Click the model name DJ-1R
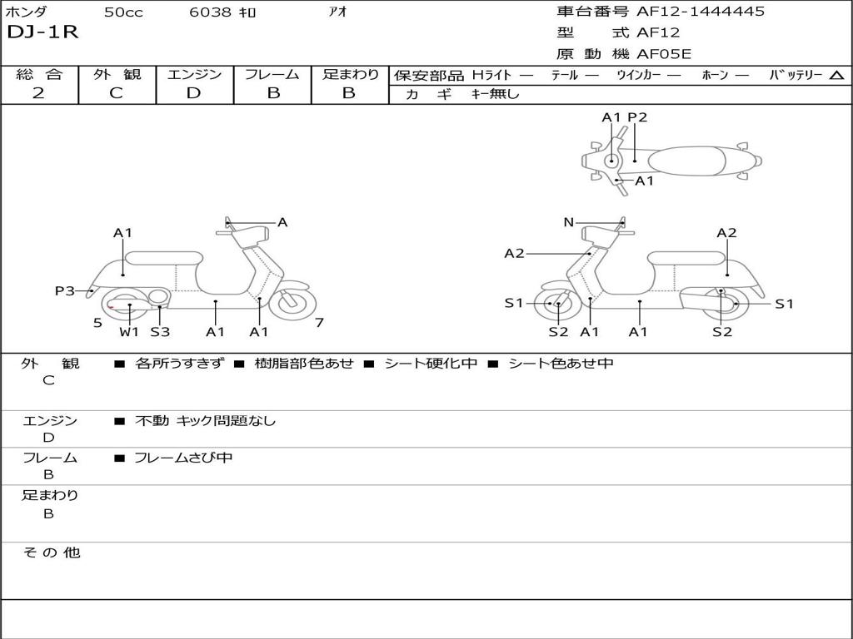(42, 33)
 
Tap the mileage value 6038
(212, 12)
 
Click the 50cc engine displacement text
(122, 12)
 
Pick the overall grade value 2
(38, 93)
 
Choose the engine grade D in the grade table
(193, 93)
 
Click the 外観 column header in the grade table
(117, 75)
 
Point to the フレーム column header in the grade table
(272, 75)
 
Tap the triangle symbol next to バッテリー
(836, 76)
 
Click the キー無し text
(495, 95)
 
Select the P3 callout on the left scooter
(65, 290)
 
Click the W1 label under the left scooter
(129, 332)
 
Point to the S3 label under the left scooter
(160, 332)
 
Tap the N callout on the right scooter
(568, 222)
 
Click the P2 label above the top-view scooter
(637, 117)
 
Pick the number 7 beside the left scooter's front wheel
(319, 323)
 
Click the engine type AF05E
(664, 55)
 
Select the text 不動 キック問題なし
(205, 421)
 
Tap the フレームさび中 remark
(183, 458)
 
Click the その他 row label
(51, 552)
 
